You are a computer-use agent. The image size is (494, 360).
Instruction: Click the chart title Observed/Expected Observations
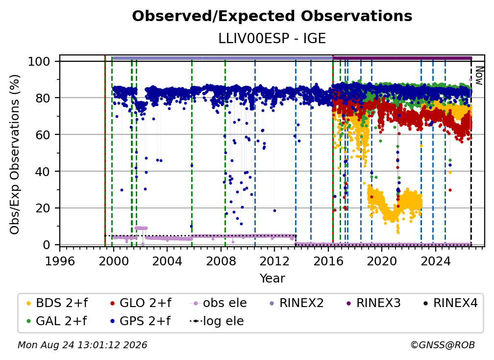(272, 16)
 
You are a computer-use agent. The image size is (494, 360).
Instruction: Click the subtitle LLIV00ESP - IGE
(272, 38)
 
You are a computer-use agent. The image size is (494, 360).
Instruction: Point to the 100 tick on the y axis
(39, 61)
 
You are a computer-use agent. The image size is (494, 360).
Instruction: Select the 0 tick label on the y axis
(46, 245)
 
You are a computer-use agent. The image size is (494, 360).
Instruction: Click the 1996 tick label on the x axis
(60, 261)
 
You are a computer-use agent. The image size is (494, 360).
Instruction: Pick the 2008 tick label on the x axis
(221, 261)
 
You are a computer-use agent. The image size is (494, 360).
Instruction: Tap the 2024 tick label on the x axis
(435, 261)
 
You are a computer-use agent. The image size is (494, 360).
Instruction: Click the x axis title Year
(272, 279)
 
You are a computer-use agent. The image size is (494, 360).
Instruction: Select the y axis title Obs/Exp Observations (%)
(15, 154)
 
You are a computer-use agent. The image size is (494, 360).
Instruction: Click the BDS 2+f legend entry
(57, 303)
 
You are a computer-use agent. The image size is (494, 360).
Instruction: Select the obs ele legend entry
(219, 303)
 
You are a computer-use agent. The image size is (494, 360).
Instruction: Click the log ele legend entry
(217, 321)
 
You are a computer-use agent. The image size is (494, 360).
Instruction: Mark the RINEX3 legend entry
(373, 303)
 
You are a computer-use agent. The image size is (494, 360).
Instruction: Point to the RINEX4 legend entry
(450, 303)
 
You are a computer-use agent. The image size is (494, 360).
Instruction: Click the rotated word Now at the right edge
(478, 76)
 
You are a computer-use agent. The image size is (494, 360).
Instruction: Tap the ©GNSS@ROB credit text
(443, 345)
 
